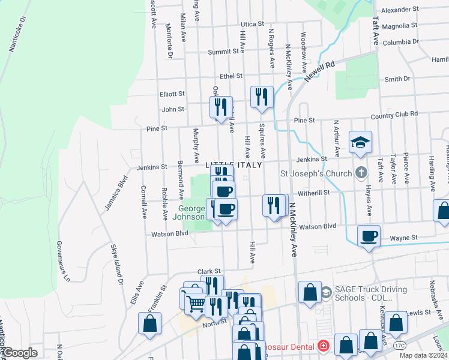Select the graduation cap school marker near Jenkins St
360,143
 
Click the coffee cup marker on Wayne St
369,235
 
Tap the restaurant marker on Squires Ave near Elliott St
262,97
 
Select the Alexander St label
399,10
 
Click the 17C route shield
399,346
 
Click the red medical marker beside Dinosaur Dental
324,346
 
